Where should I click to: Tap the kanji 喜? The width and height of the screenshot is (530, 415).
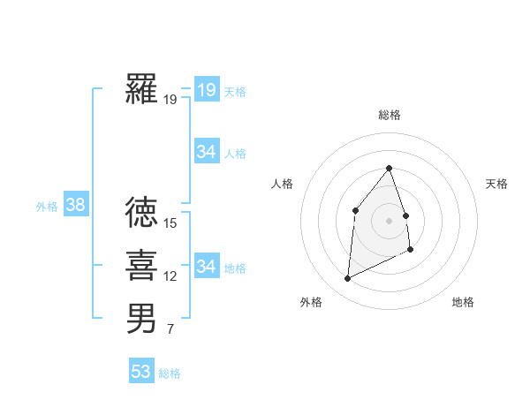click(141, 265)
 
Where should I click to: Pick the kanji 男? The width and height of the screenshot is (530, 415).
click(141, 319)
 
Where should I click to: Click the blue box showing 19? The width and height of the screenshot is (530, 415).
click(206, 89)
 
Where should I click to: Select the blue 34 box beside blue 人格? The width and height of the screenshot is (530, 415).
click(206, 152)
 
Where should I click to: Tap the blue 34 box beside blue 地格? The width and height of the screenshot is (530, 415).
click(206, 266)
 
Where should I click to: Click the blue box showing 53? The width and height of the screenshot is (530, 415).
click(141, 372)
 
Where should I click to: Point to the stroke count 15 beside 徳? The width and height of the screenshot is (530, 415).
click(170, 223)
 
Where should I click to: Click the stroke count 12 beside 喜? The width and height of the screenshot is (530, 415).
click(170, 276)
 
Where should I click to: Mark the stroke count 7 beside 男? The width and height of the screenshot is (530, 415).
click(170, 330)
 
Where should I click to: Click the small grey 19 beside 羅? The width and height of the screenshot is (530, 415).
click(170, 100)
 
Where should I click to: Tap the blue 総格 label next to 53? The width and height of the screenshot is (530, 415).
click(170, 373)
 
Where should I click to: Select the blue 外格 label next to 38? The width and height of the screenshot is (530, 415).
click(47, 207)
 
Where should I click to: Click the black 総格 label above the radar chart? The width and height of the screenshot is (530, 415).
click(389, 116)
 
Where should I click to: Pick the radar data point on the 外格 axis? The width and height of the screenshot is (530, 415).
click(347, 279)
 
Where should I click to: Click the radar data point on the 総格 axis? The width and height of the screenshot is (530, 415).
click(389, 168)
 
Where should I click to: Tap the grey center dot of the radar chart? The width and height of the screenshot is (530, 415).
click(389, 220)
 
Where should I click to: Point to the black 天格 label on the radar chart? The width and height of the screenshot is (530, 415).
click(496, 184)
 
